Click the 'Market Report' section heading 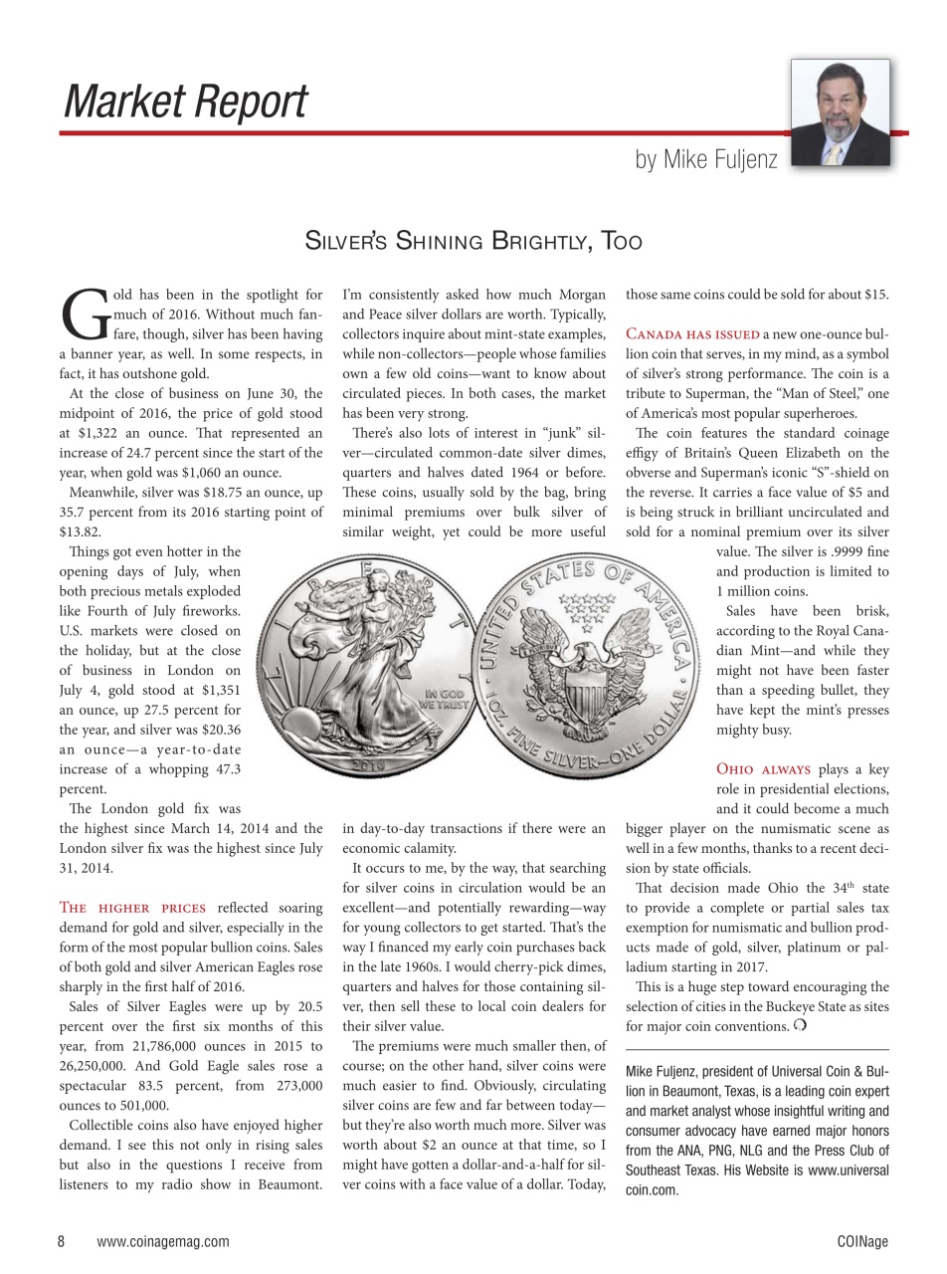coord(185,103)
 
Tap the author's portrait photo coord(840,111)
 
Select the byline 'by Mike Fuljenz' coord(706,159)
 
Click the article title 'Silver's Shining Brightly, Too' coord(473,241)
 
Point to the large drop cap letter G coord(83,315)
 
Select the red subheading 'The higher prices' coord(132,908)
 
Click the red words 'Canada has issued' coord(692,334)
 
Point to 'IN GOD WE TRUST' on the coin coord(444,697)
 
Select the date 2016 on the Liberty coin coord(367,768)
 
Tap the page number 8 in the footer coord(62,1241)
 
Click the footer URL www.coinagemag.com coord(163,1241)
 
